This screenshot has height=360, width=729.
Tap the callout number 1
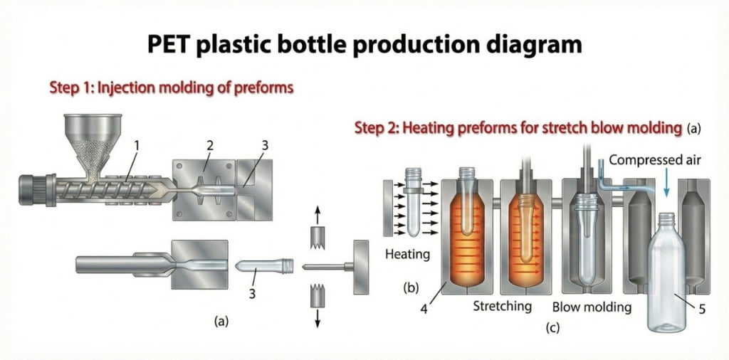[136, 144]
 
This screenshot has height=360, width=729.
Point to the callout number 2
[210, 145]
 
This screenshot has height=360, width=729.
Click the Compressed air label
[655, 160]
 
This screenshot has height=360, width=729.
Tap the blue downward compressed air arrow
[665, 185]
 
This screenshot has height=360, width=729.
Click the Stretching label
[503, 307]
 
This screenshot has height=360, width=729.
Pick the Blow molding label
[592, 307]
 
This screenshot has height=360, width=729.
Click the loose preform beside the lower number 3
[263, 268]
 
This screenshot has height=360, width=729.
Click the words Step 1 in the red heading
[70, 88]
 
